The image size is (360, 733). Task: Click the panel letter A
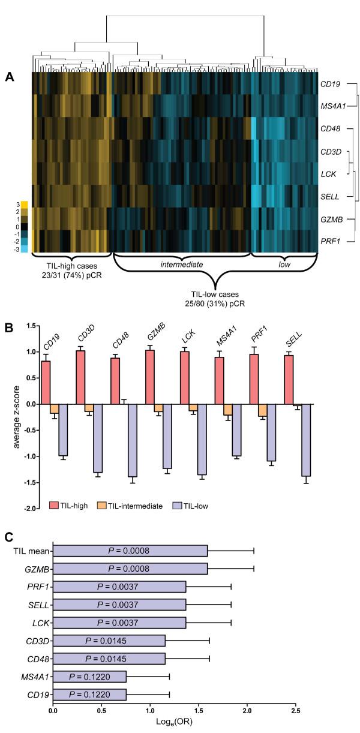(x=9, y=76)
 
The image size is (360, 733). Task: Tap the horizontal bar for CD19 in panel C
(x=89, y=695)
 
